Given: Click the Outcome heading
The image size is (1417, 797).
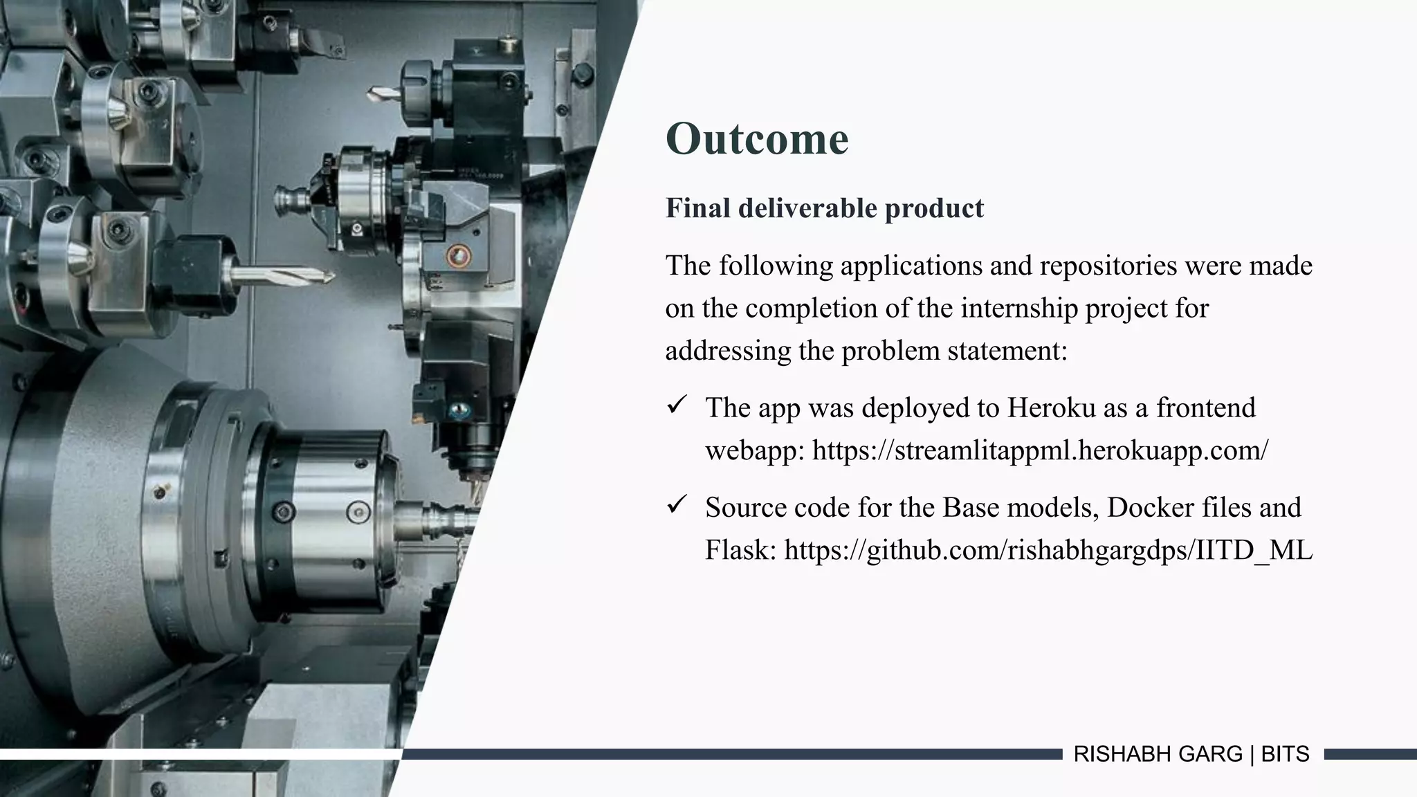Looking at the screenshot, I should (756, 139).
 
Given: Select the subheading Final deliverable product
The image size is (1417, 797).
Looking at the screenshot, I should (824, 208).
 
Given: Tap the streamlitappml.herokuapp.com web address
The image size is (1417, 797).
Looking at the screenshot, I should (1040, 450).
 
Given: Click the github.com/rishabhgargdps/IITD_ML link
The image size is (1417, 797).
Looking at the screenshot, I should (1048, 551).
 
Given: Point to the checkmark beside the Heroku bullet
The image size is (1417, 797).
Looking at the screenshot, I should (676, 405).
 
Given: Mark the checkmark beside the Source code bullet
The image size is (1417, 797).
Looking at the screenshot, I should (676, 504).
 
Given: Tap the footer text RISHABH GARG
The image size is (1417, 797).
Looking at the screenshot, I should (1158, 754).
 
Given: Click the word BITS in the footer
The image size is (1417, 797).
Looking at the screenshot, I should (1285, 754).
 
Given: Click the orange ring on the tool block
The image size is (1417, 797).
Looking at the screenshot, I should (458, 256).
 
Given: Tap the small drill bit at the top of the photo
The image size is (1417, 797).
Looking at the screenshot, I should (383, 93).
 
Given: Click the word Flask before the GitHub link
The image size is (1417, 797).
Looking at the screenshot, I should (740, 551).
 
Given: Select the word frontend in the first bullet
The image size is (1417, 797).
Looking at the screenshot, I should (1205, 408).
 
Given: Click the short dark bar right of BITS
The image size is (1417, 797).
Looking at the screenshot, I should (1370, 754).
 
